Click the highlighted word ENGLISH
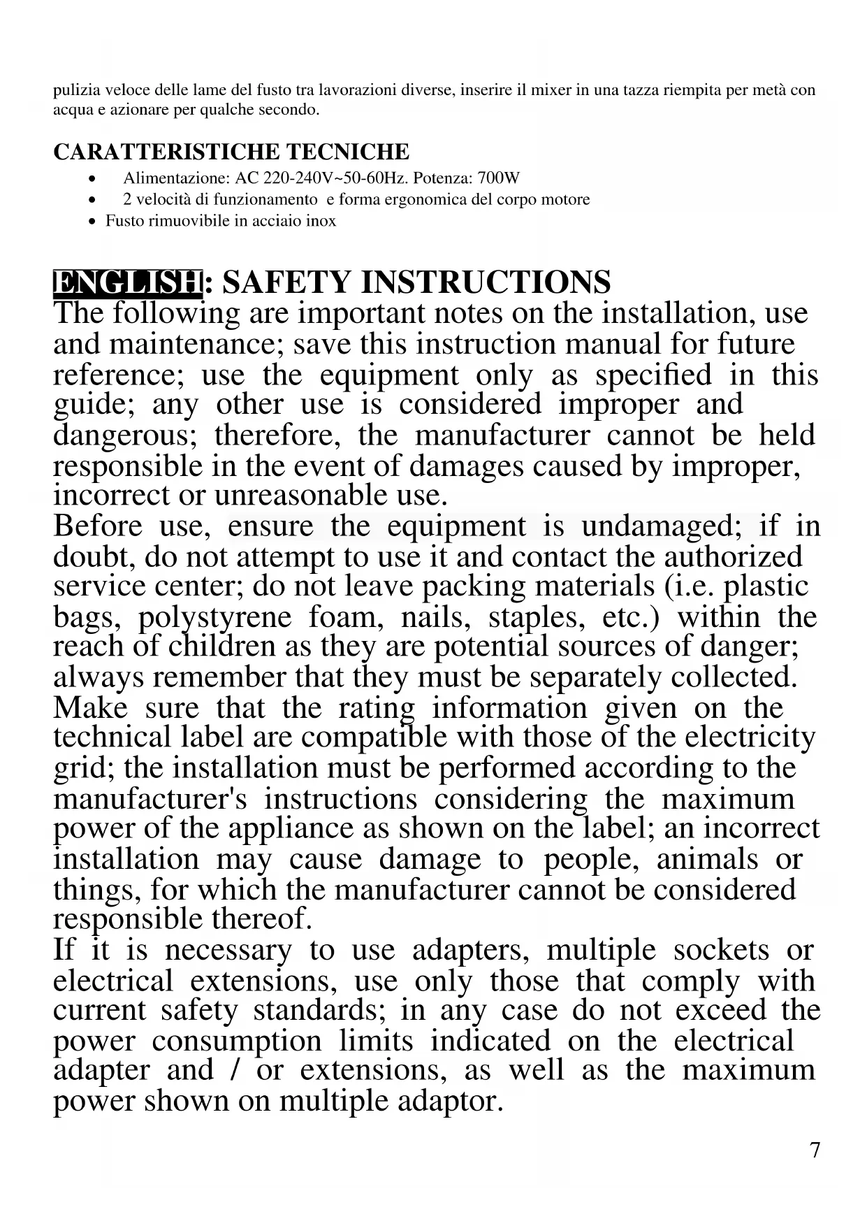[x=127, y=282]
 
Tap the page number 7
[x=815, y=1151]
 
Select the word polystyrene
[x=214, y=617]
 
